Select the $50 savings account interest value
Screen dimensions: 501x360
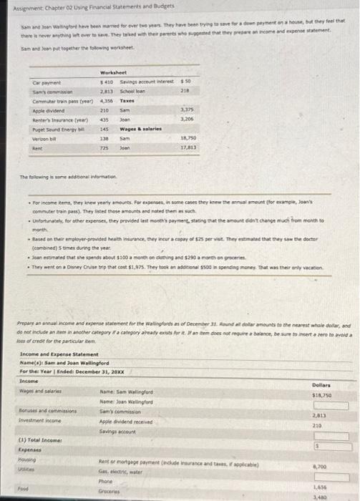click(x=186, y=82)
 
